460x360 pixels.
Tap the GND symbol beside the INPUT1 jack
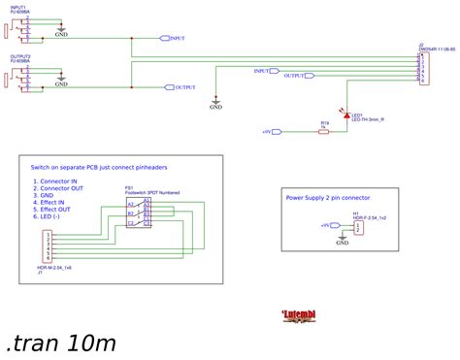pos(61,33)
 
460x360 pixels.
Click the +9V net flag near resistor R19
pos(271,130)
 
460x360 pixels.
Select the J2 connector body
pos(420,69)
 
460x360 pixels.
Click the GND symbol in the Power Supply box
pos(342,242)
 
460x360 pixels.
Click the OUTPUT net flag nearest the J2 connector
pos(298,76)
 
